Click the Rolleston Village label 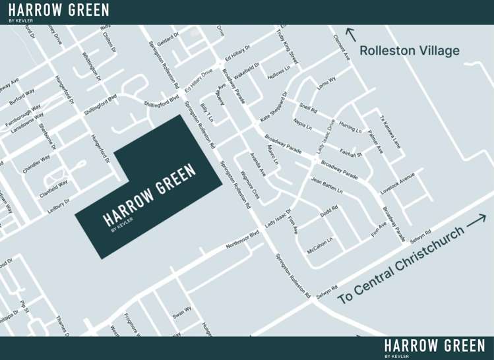[409, 51]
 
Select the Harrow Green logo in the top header [59, 11]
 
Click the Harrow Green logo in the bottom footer [435, 347]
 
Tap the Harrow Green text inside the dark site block [150, 195]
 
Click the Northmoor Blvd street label [243, 239]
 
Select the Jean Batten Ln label [327, 185]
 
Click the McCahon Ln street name [320, 245]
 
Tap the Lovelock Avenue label [398, 184]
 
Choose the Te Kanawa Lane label [390, 132]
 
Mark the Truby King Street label [288, 46]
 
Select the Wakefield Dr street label [246, 71]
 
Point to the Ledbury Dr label [58, 205]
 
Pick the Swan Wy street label [181, 311]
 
